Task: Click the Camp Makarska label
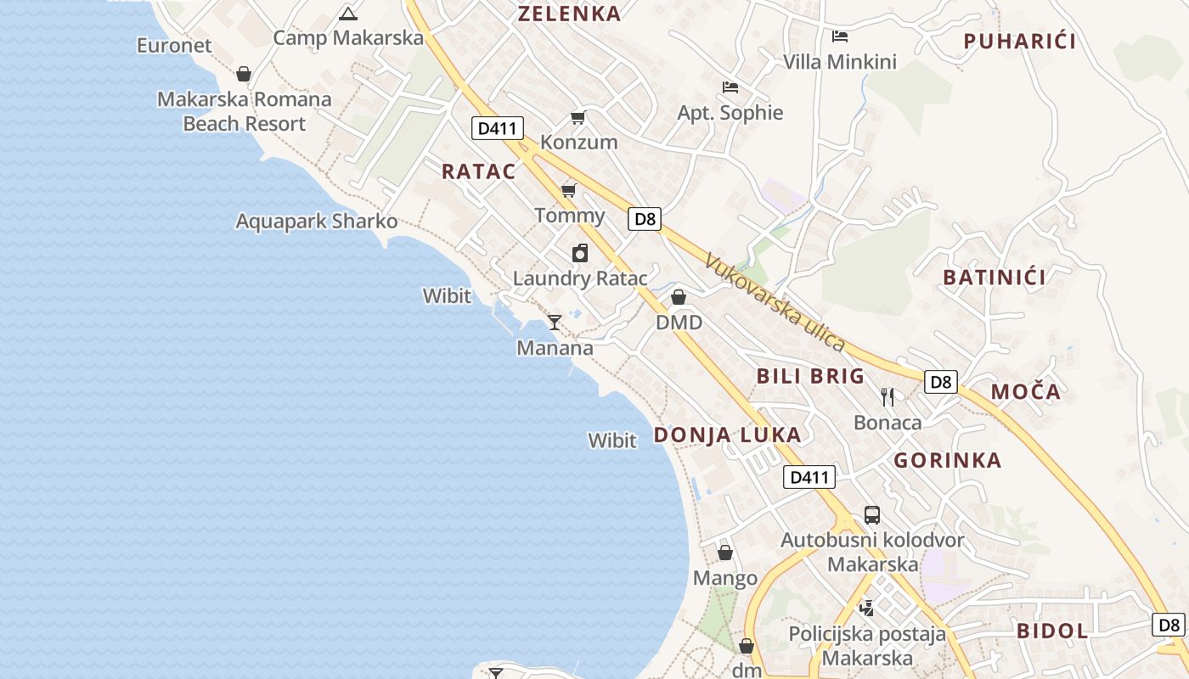click(348, 38)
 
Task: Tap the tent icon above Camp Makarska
click(348, 14)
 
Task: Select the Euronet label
click(174, 46)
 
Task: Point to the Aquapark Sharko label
click(316, 222)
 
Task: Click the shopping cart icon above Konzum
click(578, 117)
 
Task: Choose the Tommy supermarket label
click(570, 216)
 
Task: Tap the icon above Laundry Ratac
click(580, 253)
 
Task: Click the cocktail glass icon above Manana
click(555, 322)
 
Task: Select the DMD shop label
click(679, 323)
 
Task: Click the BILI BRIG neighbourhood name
click(810, 376)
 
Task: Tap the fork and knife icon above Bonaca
click(888, 396)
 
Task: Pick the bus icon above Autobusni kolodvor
click(872, 514)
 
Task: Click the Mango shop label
click(725, 579)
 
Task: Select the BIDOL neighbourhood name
click(1052, 631)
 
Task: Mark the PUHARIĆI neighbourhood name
click(1020, 41)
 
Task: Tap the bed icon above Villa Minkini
click(840, 36)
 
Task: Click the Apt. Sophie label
click(730, 113)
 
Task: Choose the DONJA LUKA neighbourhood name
click(727, 435)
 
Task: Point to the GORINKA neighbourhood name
click(948, 461)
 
